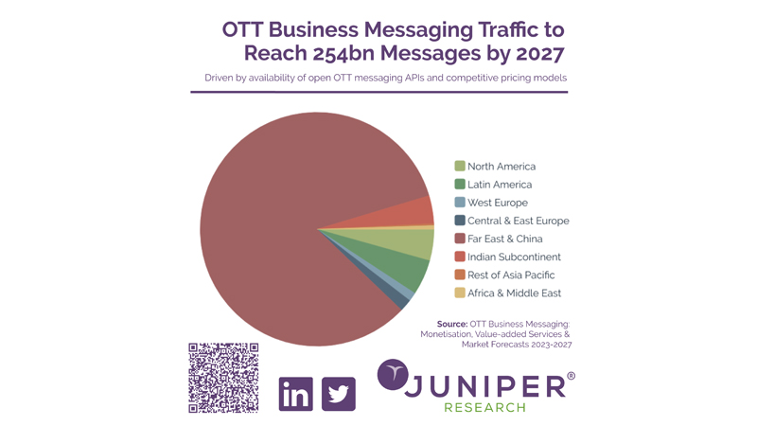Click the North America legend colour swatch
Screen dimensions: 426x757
point(460,167)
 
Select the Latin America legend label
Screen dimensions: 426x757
point(500,185)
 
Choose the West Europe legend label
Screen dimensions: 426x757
point(498,203)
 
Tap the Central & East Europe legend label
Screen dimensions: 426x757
point(519,221)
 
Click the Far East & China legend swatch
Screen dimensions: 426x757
point(460,239)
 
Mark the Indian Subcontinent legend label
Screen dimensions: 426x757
point(514,257)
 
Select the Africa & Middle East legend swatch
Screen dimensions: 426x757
point(460,293)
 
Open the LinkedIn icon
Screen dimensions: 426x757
point(296,393)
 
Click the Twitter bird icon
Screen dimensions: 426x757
point(339,393)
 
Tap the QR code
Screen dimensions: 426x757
point(223,378)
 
